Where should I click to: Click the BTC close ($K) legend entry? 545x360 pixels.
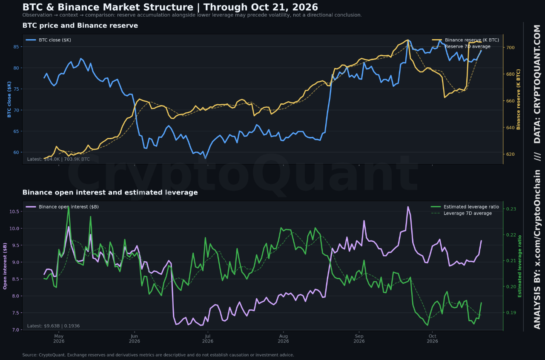[x=49, y=40]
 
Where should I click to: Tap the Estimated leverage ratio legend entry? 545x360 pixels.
[x=465, y=207]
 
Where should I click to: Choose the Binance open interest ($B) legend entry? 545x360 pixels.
[x=62, y=207]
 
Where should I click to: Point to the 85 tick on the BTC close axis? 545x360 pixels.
[x=16, y=47]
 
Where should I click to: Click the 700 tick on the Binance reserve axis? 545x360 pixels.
[x=511, y=48]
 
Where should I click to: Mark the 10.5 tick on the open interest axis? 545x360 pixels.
[x=14, y=211]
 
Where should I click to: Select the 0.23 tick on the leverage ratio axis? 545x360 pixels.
[x=511, y=209]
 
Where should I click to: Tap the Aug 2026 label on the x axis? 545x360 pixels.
[x=283, y=339]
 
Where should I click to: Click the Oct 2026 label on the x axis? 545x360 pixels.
[x=432, y=339]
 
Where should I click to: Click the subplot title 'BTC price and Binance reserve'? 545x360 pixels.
[x=80, y=26]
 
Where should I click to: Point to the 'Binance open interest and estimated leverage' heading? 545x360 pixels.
[x=110, y=192]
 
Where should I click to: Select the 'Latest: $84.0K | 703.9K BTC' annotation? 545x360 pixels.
[x=58, y=159]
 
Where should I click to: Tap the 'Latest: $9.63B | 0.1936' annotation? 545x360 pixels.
[x=53, y=326]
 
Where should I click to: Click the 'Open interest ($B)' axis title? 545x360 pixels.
[x=5, y=266]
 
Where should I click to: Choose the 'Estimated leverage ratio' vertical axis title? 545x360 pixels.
[x=520, y=266]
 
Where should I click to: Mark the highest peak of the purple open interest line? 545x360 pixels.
[x=408, y=207]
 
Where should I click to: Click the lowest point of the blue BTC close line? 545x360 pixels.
[x=205, y=158]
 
